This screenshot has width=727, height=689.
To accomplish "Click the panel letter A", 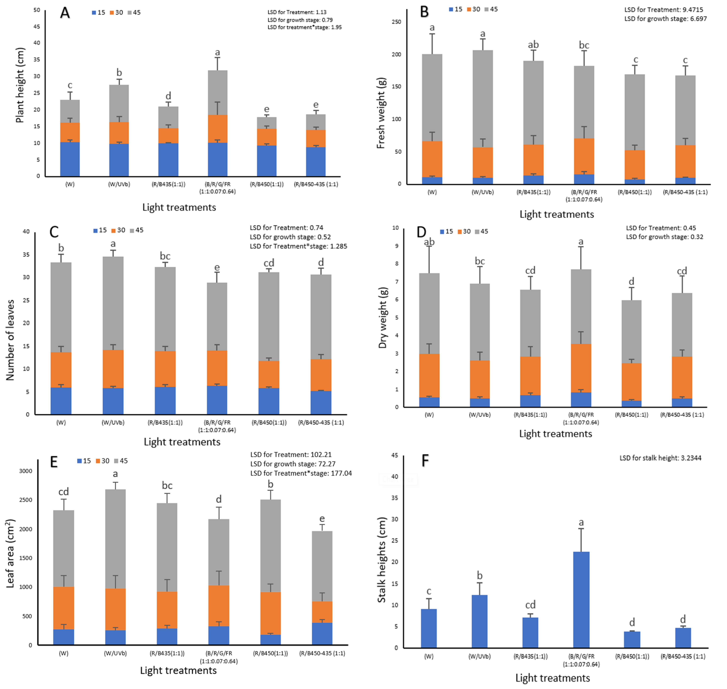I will (65, 13).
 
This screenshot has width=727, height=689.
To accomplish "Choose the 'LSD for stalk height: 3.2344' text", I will (660, 458).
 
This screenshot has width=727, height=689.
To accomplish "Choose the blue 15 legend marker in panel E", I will (79, 461).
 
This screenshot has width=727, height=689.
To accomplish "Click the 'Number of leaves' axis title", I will (10, 340).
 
